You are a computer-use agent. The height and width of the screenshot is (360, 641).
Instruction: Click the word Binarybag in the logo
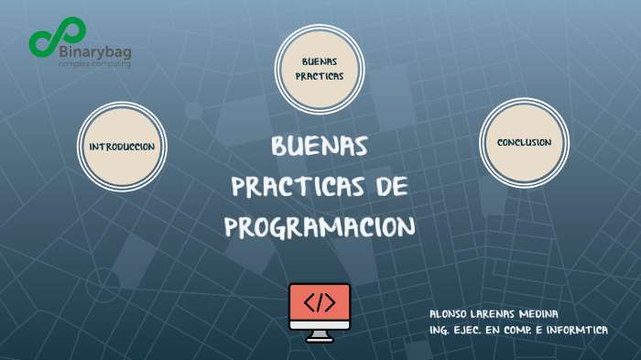(x=94, y=52)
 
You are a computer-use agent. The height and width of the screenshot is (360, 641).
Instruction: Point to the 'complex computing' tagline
(x=94, y=65)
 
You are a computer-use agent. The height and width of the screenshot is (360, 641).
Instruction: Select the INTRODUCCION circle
(x=122, y=147)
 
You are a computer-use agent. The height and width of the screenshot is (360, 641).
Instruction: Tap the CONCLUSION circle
(x=524, y=143)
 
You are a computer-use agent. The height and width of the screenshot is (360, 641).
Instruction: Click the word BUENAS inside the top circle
(x=320, y=60)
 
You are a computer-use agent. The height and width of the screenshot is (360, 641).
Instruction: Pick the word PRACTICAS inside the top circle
(x=320, y=77)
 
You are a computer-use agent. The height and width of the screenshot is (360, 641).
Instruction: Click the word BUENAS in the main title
(x=320, y=147)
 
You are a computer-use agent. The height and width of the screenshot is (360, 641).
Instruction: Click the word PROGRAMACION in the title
(x=320, y=225)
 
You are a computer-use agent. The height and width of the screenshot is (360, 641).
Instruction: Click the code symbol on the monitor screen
(x=320, y=301)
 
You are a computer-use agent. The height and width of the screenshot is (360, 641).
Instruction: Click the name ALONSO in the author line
(x=449, y=314)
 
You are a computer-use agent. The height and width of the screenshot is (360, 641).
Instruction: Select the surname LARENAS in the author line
(x=499, y=314)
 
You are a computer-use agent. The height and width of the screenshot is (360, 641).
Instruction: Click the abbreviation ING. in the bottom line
(x=440, y=330)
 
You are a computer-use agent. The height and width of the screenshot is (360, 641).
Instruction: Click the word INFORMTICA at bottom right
(x=580, y=330)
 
